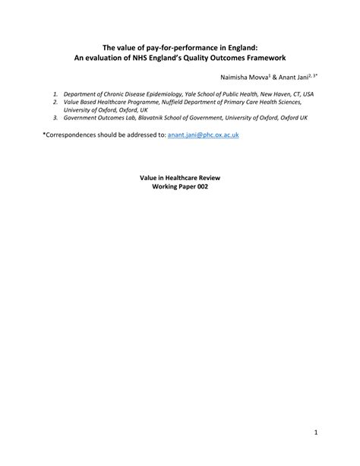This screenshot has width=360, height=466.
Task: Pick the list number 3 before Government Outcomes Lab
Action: (x=55, y=118)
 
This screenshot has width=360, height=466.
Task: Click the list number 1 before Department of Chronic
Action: (x=55, y=94)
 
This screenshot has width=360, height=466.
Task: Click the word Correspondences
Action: (x=73, y=134)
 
